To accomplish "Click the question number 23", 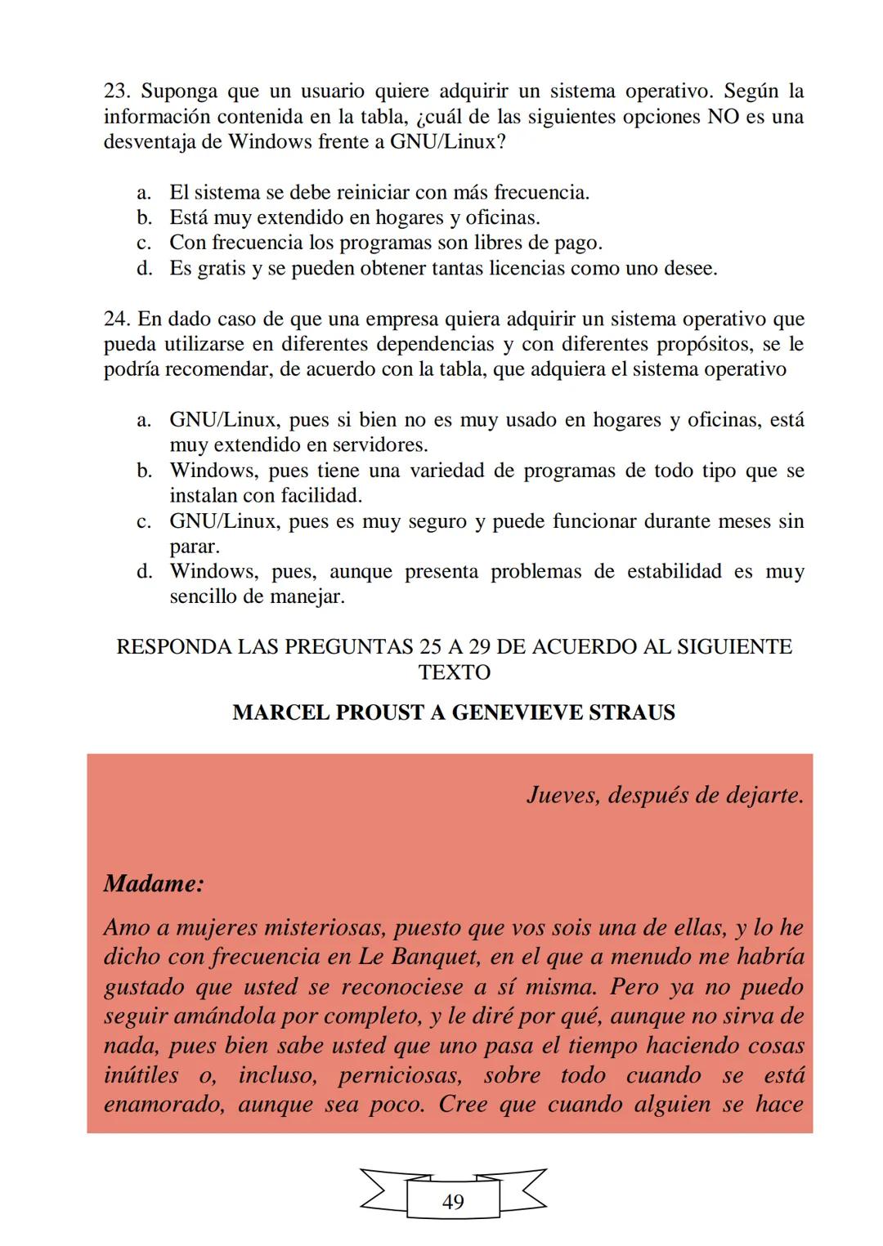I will (115, 91).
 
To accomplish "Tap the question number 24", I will (115, 319).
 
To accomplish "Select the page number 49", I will (452, 1202).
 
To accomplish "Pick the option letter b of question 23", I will (144, 218).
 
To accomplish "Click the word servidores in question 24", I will (380, 445).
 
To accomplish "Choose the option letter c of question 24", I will (144, 521).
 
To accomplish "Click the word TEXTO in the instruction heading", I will (454, 672).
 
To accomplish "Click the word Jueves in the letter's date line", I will (562, 794).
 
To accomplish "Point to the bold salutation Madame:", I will (154, 883).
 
